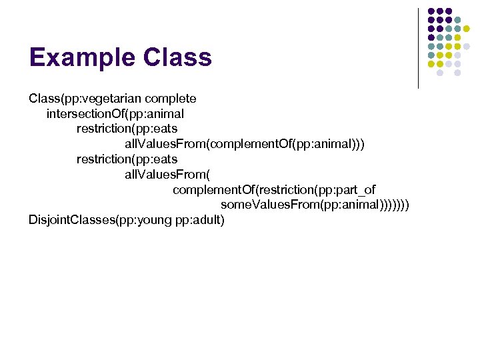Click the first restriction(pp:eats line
pyautogui.click(x=127, y=129)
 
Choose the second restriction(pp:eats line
pyautogui.click(x=127, y=159)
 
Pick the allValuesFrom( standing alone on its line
pyautogui.click(x=167, y=175)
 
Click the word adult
pyautogui.click(x=207, y=221)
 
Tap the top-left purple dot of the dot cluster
pyautogui.click(x=431, y=11)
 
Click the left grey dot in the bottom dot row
pyautogui.click(x=439, y=73)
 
